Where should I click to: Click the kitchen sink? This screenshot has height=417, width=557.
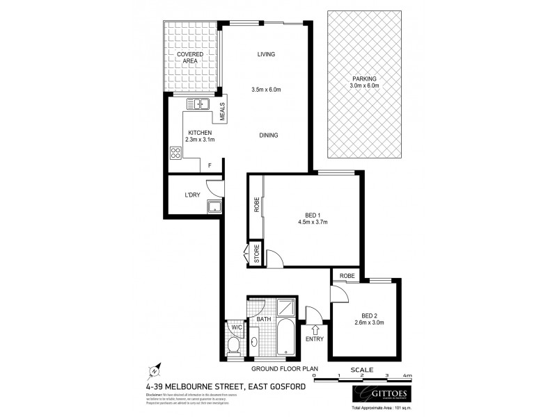[x=198, y=105]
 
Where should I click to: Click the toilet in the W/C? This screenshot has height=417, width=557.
[x=235, y=345]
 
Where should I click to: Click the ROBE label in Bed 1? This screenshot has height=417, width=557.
[x=256, y=206]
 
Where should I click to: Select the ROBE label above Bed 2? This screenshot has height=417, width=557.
[x=347, y=276]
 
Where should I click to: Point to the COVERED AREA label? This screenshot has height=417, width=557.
[x=190, y=58]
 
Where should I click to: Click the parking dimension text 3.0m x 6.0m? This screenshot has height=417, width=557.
[x=365, y=86]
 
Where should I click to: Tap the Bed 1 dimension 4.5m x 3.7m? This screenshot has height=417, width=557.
[x=311, y=222]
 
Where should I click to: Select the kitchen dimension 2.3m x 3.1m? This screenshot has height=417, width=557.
[x=201, y=138]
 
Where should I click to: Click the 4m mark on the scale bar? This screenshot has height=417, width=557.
[x=409, y=376]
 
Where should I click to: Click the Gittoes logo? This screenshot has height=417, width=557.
[x=377, y=395]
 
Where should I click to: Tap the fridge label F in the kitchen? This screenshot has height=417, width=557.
[x=210, y=165]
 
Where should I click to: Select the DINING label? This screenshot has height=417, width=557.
[x=266, y=135]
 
